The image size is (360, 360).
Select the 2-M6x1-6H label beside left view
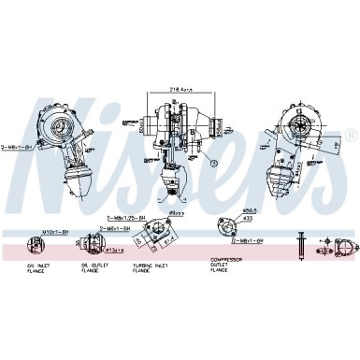point(18,147)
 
